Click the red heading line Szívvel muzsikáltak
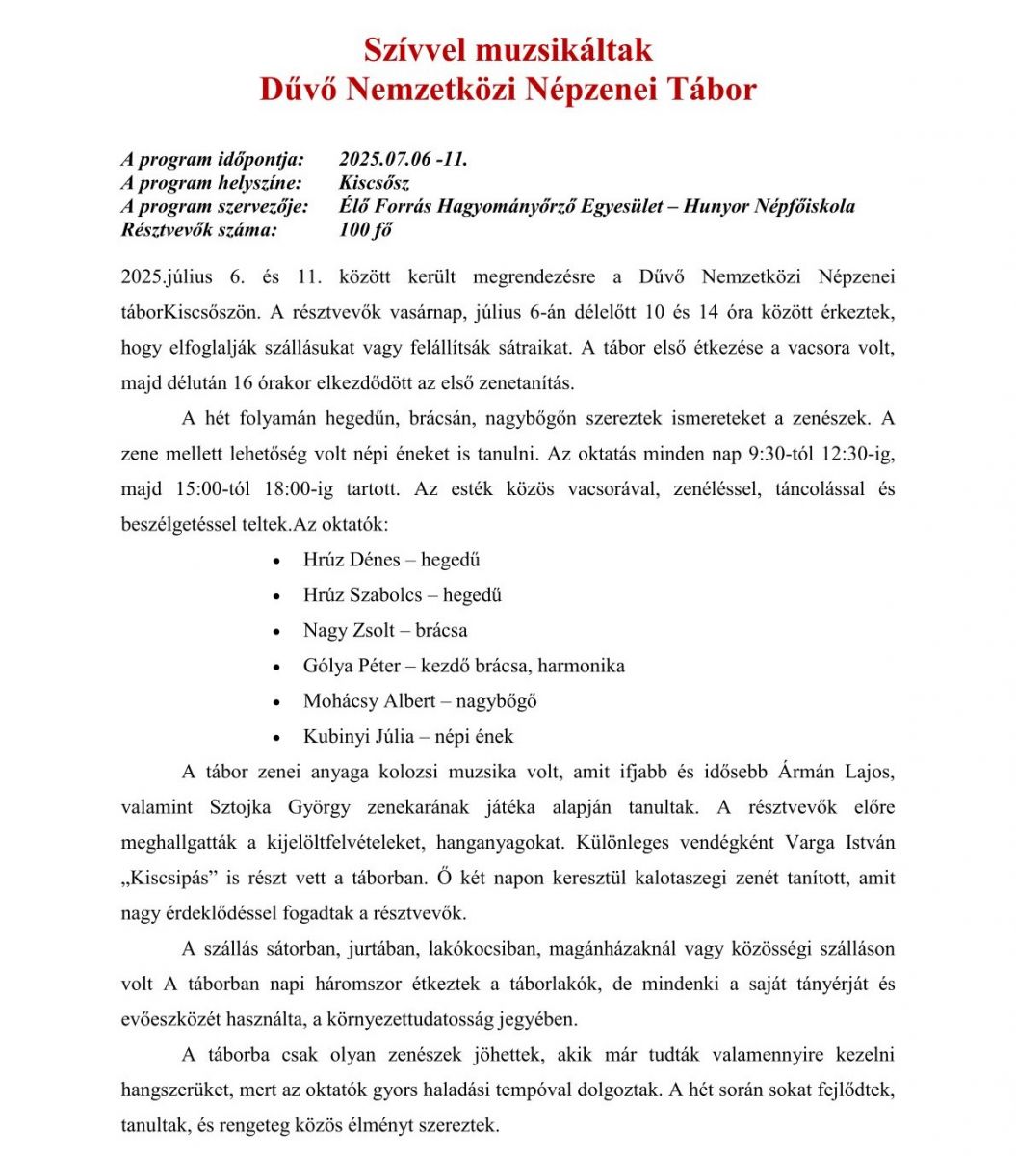[x=508, y=49]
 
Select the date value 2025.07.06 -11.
[x=404, y=160]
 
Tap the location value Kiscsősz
[x=374, y=183]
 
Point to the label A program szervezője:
[x=215, y=206]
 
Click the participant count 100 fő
[x=366, y=229]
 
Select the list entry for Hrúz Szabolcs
[x=363, y=595]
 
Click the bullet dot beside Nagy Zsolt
[x=277, y=632]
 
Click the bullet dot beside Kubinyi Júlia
[x=277, y=738]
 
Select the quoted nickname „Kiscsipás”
[x=180, y=878]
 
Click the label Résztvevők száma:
[x=199, y=229]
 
